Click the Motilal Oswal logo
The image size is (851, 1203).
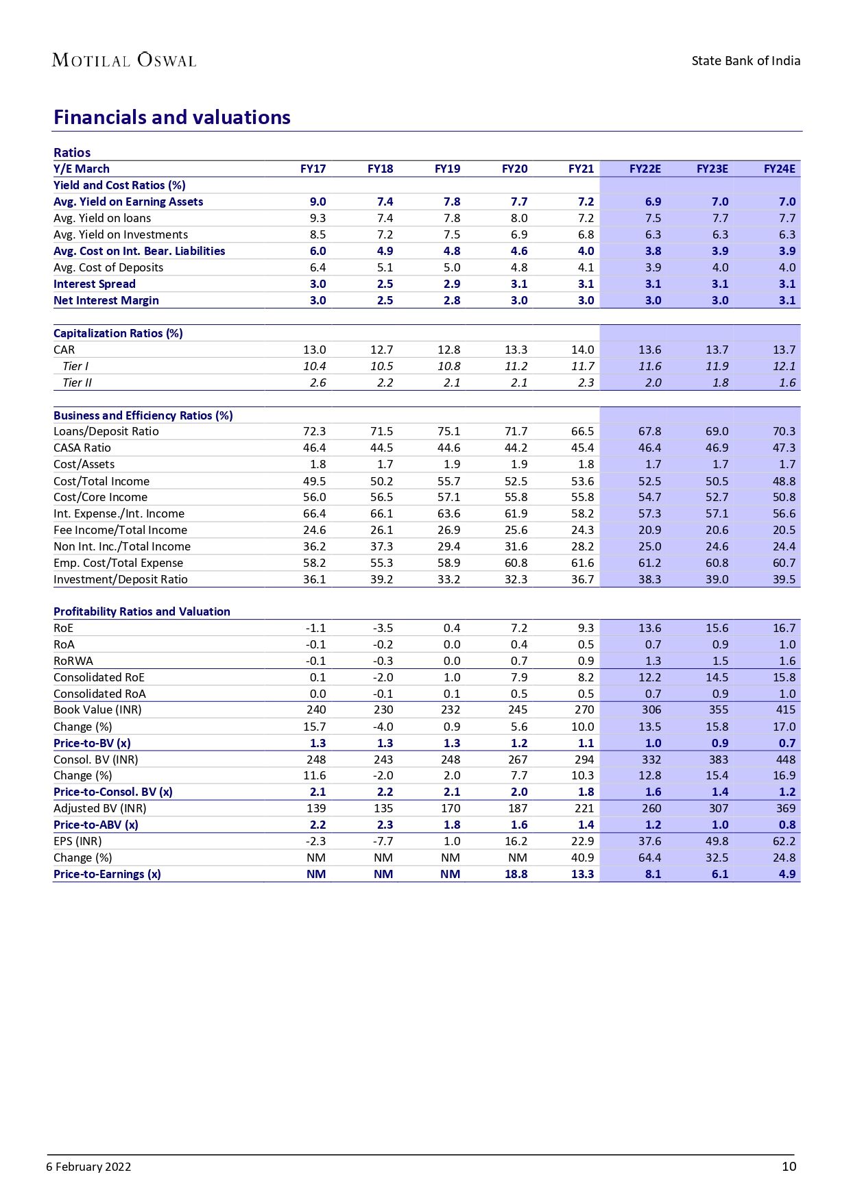(x=124, y=60)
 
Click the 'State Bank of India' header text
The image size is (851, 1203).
(x=745, y=61)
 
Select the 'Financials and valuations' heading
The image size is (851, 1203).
(x=172, y=117)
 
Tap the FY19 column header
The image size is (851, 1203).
(x=447, y=169)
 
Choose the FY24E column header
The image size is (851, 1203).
(x=779, y=169)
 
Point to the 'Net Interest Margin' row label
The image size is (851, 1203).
(x=106, y=300)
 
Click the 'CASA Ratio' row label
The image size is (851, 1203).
(x=82, y=448)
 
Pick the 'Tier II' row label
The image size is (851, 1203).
(x=77, y=382)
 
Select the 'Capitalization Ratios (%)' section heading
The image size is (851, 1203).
(x=118, y=333)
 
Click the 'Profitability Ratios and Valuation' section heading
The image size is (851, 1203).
(x=142, y=611)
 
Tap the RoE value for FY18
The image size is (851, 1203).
(x=383, y=628)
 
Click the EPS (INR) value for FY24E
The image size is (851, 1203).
(x=784, y=841)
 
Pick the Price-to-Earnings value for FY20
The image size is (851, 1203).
(x=516, y=874)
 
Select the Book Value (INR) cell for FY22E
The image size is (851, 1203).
(x=651, y=709)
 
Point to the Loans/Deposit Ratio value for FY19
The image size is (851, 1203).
(x=448, y=431)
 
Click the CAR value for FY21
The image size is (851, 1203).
(x=582, y=350)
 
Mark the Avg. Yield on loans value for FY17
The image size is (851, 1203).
(x=317, y=218)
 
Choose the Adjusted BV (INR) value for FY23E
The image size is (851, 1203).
(x=719, y=808)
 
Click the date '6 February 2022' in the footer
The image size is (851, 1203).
(x=88, y=1167)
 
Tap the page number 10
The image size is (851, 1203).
(x=789, y=1167)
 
